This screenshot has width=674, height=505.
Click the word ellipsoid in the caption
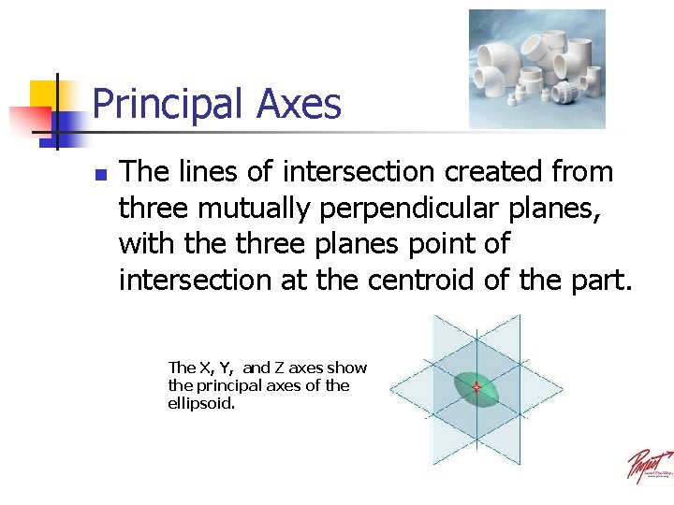tap(200, 403)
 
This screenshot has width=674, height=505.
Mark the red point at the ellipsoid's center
tap(476, 387)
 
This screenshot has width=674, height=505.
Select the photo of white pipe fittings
tap(536, 68)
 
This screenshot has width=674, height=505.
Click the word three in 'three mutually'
tap(154, 209)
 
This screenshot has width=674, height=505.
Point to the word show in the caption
tap(346, 368)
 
